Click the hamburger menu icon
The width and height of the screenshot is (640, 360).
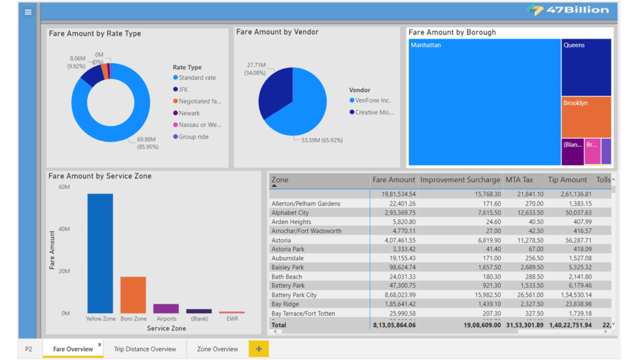[28, 12]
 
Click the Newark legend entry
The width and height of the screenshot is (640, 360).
[189, 113]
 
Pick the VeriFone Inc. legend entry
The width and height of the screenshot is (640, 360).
[372, 100]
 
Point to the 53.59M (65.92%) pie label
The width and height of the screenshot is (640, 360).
[322, 140]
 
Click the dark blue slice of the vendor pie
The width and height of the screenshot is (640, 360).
[275, 94]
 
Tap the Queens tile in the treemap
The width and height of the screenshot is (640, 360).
[586, 67]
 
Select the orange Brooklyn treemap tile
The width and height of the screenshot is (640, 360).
[586, 117]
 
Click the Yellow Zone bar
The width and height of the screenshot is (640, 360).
[100, 253]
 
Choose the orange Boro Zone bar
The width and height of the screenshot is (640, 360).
[133, 294]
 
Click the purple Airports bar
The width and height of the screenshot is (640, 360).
[166, 309]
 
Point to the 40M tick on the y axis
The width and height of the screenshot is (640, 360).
[64, 229]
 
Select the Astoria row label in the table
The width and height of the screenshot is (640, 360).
[281, 240]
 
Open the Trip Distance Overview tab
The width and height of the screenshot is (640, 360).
[145, 349]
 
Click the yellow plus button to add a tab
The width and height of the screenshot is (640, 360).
[259, 349]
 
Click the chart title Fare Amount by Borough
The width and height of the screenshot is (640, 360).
[452, 32]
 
